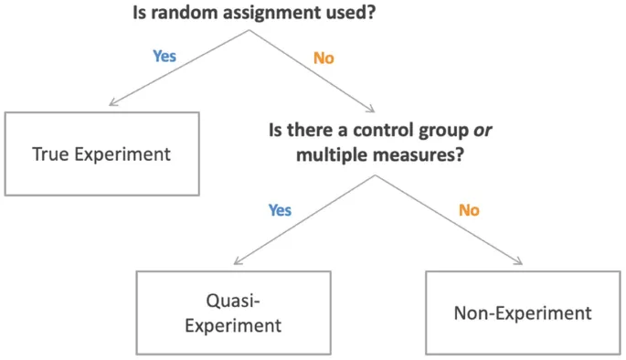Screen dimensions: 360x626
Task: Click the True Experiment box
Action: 101,154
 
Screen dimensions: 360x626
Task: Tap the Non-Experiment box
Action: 522,312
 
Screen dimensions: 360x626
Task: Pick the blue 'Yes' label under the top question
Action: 164,56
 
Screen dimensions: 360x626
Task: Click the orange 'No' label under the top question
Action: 324,58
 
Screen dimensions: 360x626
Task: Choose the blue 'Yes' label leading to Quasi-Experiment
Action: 280,210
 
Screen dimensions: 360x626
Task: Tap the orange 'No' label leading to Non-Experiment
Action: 469,211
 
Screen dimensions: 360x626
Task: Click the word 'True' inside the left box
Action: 50,154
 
